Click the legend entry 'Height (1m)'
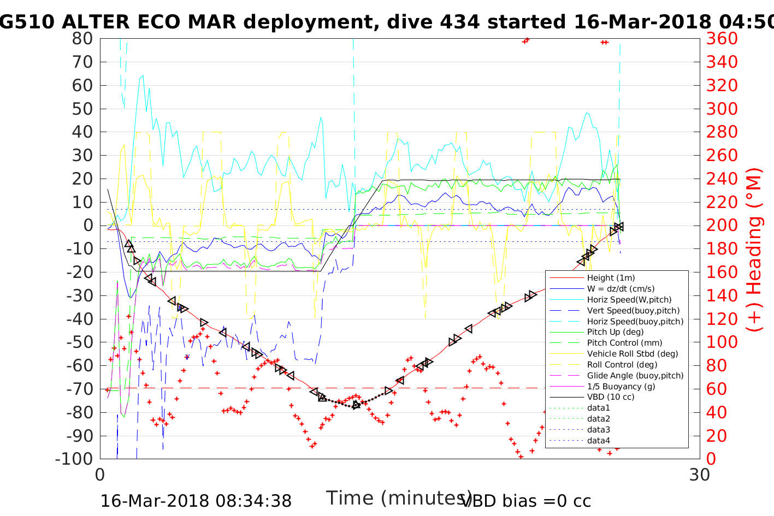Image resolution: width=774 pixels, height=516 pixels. [x=611, y=278]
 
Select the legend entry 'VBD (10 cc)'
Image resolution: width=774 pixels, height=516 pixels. [x=611, y=397]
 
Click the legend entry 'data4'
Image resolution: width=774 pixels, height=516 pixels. [x=598, y=441]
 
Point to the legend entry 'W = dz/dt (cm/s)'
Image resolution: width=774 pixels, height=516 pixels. [x=621, y=289]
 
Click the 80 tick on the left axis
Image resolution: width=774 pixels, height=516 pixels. [x=82, y=39]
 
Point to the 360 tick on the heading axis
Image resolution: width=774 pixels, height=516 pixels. [x=722, y=39]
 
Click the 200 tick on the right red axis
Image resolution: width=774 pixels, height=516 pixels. [x=722, y=226]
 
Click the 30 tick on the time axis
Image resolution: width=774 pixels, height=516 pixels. [x=700, y=475]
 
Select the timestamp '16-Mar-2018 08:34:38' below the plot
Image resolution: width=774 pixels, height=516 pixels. [x=196, y=501]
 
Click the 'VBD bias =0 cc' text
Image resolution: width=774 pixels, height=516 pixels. [x=526, y=501]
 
